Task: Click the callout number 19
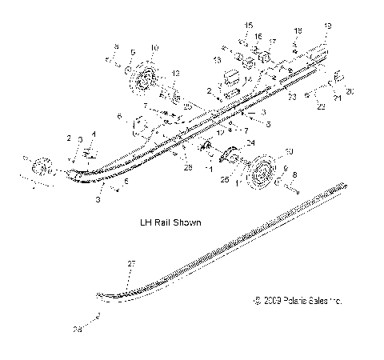tap(325, 26)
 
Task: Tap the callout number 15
tap(247, 26)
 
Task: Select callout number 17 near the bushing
tap(271, 42)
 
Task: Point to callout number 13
tap(217, 60)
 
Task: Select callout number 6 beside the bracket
tap(120, 117)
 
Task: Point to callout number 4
tap(93, 134)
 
